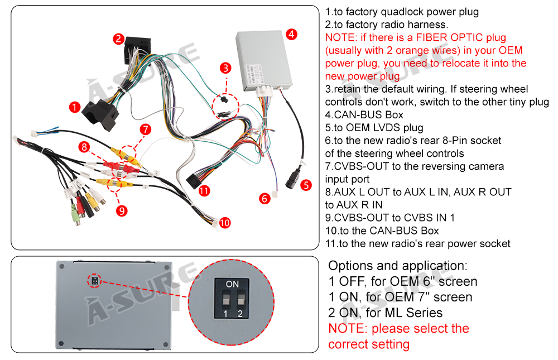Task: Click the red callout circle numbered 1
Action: [x=74, y=107]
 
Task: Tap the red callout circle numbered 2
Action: [x=118, y=39]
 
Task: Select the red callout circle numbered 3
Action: [x=225, y=68]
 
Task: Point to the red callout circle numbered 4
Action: [x=291, y=33]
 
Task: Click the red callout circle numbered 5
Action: [x=306, y=185]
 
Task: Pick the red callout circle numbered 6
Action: [x=265, y=198]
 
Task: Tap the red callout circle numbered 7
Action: [x=146, y=129]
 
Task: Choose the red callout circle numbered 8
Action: [x=84, y=147]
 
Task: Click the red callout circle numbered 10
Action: [x=225, y=223]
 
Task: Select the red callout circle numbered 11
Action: [x=204, y=190]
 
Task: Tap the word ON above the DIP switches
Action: [x=232, y=284]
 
